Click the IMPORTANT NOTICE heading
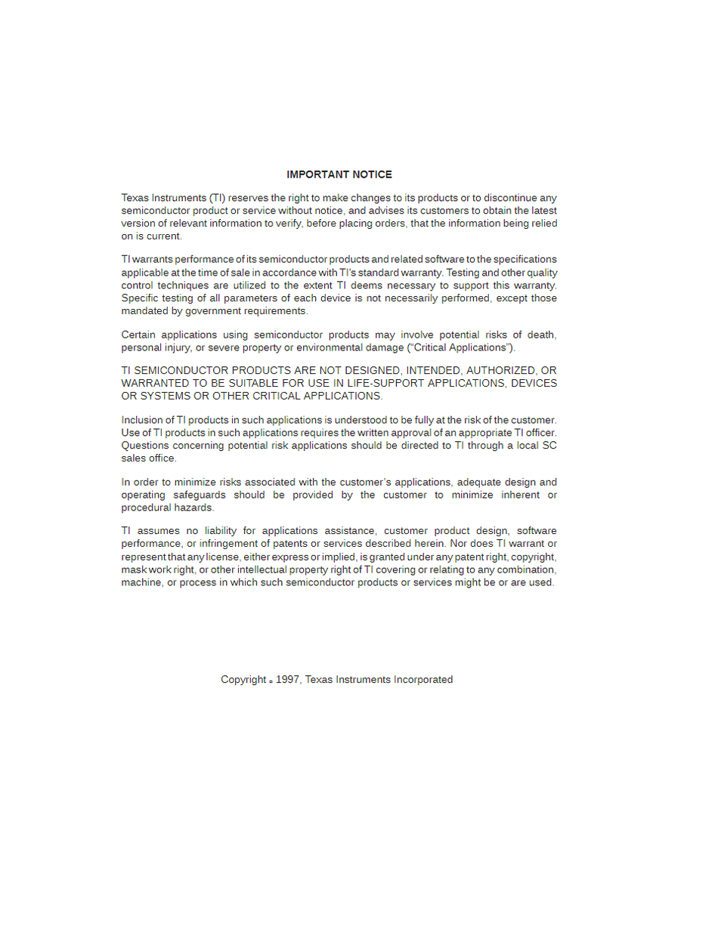(x=339, y=174)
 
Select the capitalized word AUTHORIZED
(x=501, y=370)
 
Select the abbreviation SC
(x=549, y=446)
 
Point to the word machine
(x=141, y=582)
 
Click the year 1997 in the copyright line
(x=288, y=680)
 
